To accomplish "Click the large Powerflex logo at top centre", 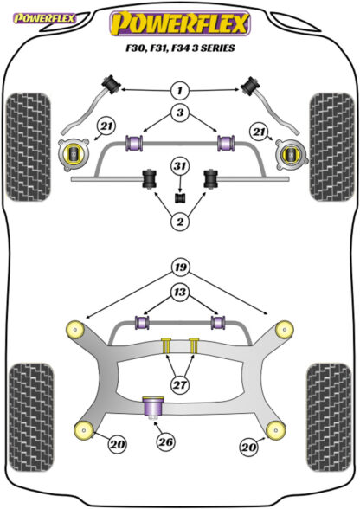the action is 180,23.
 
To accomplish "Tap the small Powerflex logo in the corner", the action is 44,18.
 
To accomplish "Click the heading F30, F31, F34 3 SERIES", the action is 180,48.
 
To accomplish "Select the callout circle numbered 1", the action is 180,90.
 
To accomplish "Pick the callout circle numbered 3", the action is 180,113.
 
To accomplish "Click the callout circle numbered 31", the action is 180,166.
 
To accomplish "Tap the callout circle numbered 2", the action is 180,222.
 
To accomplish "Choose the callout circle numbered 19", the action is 181,267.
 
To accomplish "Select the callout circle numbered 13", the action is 180,293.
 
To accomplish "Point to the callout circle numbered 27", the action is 180,385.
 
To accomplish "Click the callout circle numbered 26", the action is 165,441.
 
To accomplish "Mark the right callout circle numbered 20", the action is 248,448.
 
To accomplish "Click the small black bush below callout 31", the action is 180,198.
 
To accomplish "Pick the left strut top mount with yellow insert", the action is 74,154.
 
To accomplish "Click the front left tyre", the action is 29,147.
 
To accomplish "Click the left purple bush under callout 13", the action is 142,322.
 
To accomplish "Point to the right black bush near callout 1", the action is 249,86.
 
